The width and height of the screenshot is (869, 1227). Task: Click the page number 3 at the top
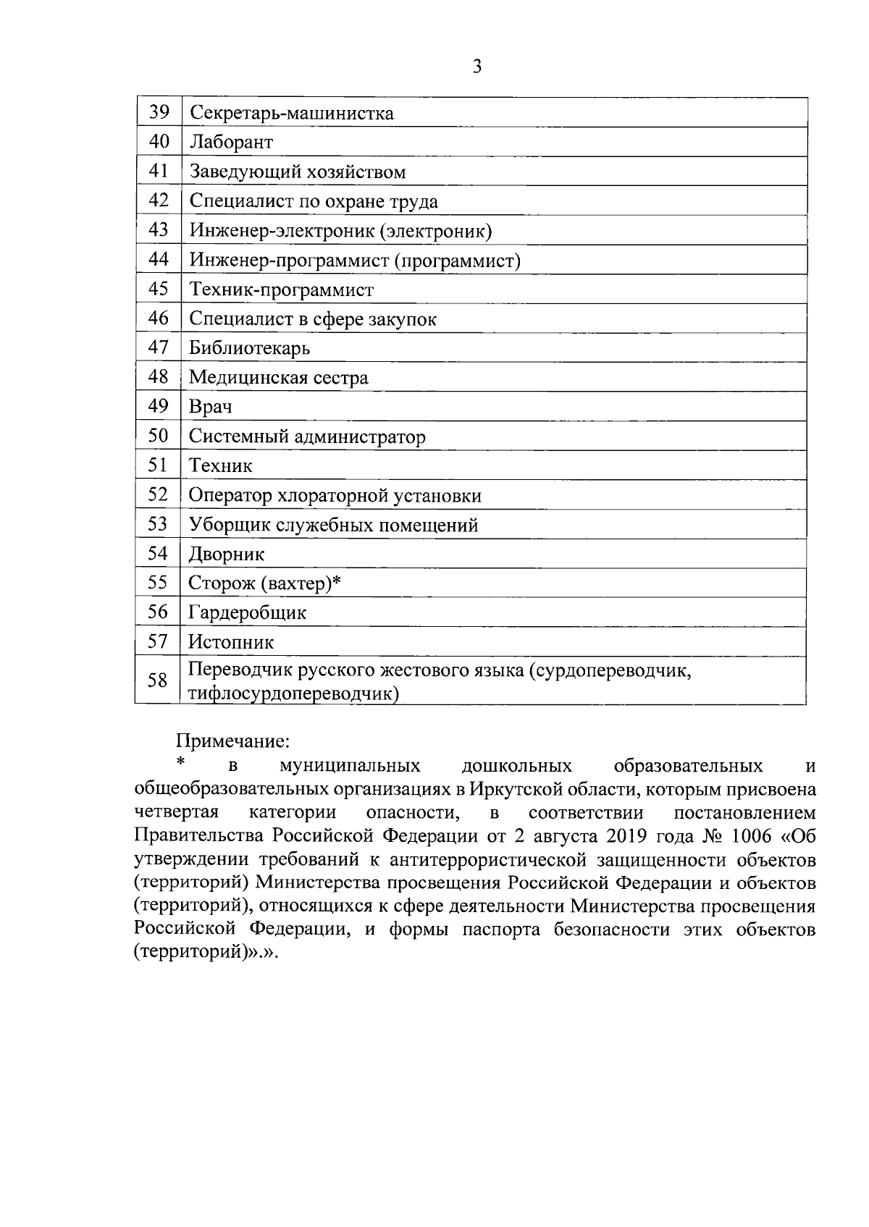[x=477, y=67]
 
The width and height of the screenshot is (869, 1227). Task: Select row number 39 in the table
[x=159, y=112]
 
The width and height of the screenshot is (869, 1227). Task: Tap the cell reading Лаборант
[x=231, y=142]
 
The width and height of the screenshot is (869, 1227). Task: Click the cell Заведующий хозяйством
[x=297, y=172]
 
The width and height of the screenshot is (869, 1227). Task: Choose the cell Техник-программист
[x=281, y=290]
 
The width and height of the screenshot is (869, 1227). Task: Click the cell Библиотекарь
[x=249, y=348]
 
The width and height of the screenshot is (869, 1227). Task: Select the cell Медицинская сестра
[x=278, y=378]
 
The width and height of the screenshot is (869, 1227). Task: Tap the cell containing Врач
[x=210, y=407]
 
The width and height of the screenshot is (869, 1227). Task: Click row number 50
[x=159, y=436]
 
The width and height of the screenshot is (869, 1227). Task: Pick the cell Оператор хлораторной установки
[x=335, y=496]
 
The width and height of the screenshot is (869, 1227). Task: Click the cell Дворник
[x=226, y=555]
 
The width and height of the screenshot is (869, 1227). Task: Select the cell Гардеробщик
[x=247, y=613]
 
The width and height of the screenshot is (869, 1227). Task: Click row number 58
[x=158, y=680]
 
